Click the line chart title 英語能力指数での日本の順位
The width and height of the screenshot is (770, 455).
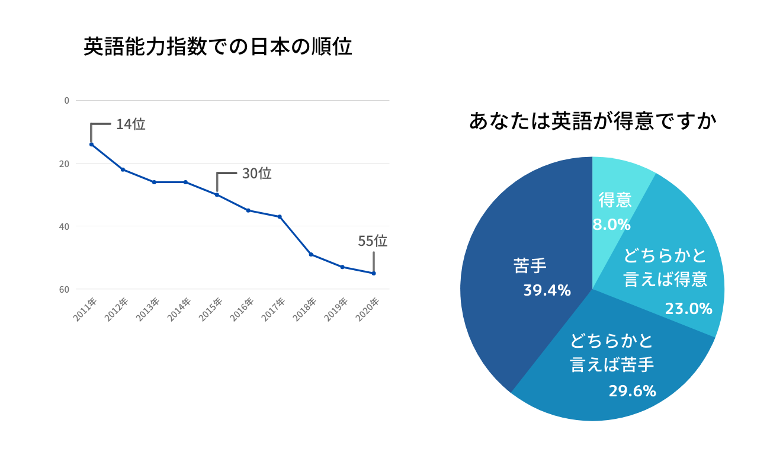pos(217,47)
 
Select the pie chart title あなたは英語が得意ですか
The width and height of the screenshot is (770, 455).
pos(592,121)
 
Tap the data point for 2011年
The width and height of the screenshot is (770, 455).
pos(91,145)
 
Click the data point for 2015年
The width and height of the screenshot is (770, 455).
pos(217,195)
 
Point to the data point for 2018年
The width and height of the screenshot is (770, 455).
pos(311,255)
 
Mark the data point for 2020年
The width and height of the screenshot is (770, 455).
pos(374,273)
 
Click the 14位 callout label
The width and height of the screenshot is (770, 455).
pos(130,124)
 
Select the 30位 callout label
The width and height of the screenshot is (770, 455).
pos(256,174)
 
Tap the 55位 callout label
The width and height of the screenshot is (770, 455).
pos(373,241)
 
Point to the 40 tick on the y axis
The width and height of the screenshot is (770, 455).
pos(64,226)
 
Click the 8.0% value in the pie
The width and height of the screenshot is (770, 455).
pos(611,225)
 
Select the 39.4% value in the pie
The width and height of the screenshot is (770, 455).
pos(547,290)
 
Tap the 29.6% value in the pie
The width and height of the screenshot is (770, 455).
pos(632,391)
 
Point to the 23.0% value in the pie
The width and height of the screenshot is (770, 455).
pos(688,309)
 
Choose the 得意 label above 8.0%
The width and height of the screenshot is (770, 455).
pos(615,200)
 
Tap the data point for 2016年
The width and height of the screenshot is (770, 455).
pos(248,210)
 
